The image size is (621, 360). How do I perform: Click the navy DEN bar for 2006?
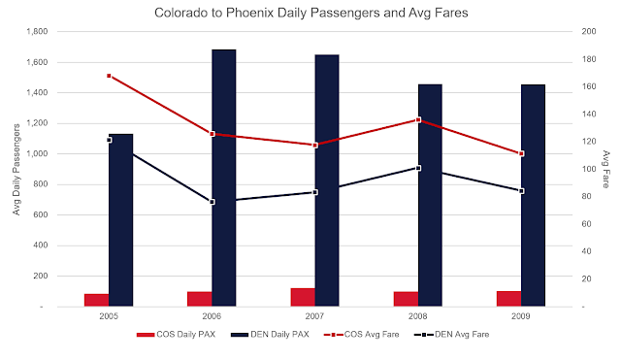coord(224,178)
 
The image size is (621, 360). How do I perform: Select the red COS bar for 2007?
coord(303,297)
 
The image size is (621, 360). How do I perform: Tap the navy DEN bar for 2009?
coord(533,195)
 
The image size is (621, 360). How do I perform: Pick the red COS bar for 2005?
coord(96,300)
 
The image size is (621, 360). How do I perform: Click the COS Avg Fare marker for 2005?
coord(109,76)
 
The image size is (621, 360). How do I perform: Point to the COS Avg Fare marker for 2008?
coord(418,119)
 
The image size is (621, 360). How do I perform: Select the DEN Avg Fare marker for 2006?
coord(212,202)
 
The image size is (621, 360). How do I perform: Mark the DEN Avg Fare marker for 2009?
coord(522,191)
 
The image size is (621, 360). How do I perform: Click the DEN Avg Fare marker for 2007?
coord(315,192)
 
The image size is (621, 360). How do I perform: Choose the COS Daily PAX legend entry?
coord(176,335)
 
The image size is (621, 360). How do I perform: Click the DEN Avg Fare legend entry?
coord(451,335)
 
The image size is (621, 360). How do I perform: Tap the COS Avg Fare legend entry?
coord(361,335)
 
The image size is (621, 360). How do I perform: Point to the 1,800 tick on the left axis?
coord(37,32)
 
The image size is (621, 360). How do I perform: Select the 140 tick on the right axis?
coord(589,115)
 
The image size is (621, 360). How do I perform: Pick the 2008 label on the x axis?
coord(418,316)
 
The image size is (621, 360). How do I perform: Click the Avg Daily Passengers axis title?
coord(16,170)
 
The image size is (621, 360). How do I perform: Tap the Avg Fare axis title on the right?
coord(605,170)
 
